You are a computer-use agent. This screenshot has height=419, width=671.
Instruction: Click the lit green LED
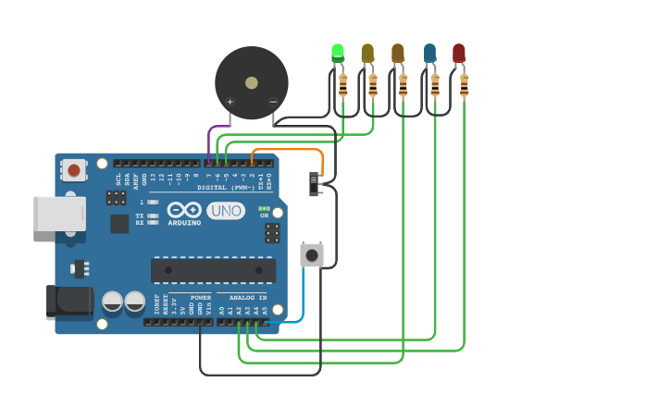point(338,53)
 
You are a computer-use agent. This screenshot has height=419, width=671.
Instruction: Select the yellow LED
point(367,53)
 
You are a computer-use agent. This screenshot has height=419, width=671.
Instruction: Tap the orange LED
point(398,53)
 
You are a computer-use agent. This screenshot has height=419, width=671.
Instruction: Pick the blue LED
point(429,53)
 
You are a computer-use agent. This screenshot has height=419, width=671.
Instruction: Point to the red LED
point(459,53)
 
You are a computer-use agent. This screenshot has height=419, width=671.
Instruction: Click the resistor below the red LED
point(464,86)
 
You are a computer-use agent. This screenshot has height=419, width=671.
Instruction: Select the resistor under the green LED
point(343,86)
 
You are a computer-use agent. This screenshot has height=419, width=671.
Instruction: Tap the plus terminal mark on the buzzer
point(230,102)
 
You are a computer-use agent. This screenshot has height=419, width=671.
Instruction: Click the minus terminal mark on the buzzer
point(272,102)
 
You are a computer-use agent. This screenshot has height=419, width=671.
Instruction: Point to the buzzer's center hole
point(251,82)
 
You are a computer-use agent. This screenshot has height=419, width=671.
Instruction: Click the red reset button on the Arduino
point(73,169)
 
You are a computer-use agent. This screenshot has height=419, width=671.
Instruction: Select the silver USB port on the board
point(59,213)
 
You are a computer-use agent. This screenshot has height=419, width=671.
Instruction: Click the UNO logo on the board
point(225,211)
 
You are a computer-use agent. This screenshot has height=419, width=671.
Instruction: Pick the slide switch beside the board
point(315,183)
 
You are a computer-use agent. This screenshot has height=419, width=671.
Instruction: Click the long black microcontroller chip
point(213,270)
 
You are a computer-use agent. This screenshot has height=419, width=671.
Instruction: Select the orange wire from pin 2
point(287,149)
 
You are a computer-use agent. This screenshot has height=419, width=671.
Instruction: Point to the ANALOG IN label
point(242,298)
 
